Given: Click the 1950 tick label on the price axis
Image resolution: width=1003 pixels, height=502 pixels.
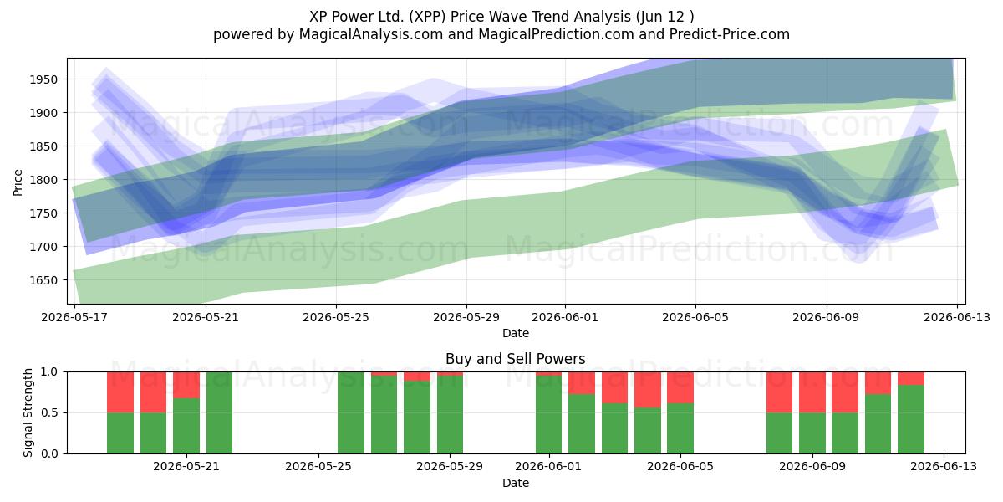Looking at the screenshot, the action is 43,79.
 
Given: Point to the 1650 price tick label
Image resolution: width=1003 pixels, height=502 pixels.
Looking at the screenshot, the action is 43,280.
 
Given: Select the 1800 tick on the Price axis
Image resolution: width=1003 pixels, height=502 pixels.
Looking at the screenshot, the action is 43,180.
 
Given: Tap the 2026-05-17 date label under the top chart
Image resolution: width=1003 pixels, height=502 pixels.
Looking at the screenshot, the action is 74,317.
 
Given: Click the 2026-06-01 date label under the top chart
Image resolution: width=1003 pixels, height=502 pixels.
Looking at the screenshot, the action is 565,317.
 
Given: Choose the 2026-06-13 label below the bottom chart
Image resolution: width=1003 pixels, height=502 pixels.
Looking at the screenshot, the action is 944,466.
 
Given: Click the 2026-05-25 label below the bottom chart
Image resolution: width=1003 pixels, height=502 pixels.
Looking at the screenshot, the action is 318,466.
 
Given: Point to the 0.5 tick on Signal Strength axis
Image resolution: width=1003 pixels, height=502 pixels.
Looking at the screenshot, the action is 49,412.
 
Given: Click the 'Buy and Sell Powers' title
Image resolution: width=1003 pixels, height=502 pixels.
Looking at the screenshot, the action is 516,359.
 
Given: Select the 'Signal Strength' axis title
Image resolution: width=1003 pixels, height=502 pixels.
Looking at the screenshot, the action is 28,412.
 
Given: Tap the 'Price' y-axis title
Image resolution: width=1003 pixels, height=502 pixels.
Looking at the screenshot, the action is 18,182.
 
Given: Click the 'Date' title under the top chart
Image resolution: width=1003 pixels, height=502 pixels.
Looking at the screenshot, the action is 516,333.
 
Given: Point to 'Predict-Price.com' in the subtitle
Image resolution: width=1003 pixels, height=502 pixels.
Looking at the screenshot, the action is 730,34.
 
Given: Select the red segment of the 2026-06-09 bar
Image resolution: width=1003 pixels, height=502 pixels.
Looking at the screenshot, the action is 812,392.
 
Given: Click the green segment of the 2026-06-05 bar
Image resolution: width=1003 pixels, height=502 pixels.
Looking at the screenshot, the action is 680,428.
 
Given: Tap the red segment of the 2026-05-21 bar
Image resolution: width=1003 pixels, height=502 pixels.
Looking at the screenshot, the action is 186,385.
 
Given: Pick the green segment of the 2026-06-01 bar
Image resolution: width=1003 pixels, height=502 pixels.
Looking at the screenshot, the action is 548,415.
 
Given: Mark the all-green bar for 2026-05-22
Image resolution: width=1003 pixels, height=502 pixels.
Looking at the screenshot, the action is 219,412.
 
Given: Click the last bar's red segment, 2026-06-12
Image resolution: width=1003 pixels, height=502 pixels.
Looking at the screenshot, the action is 911,378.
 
